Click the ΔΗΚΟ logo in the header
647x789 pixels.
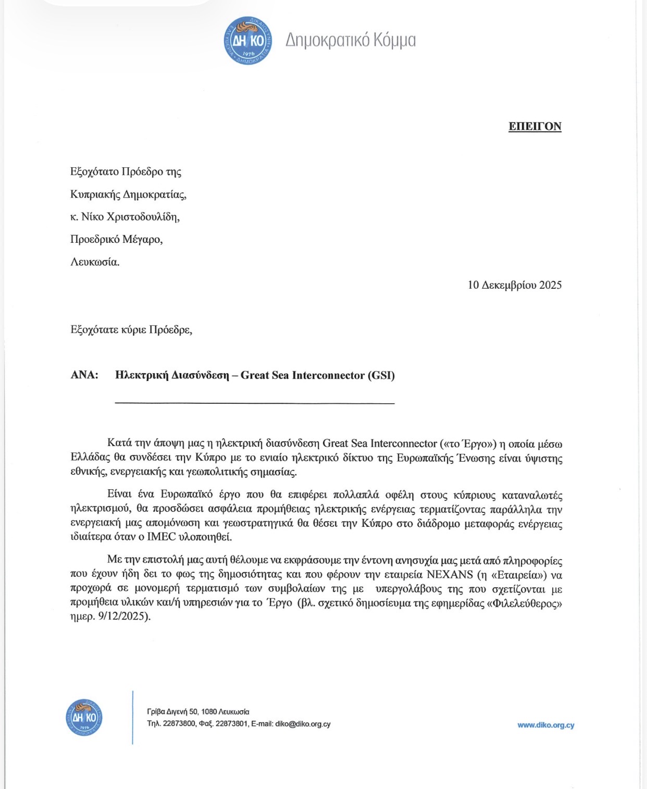248,41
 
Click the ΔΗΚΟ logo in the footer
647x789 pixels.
84,718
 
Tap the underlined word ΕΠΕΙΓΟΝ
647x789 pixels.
534,127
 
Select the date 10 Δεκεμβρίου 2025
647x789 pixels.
514,285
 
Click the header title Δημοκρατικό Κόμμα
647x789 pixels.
350,40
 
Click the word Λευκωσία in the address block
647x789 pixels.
95,262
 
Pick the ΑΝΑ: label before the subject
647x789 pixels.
84,375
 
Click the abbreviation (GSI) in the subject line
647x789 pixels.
381,375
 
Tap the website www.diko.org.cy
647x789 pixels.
545,725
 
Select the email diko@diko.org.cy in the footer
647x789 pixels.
303,724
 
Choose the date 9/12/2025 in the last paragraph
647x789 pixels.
123,617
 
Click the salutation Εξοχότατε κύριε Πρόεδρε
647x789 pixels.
131,330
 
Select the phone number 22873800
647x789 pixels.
179,724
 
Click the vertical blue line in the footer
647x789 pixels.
133,718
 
